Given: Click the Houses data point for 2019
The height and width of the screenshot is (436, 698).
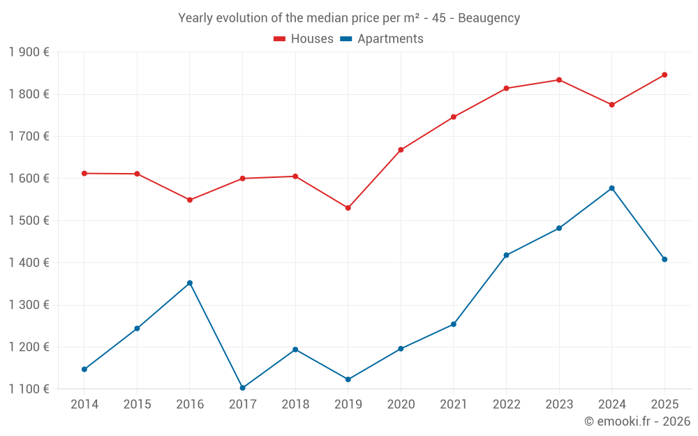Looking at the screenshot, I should point(348,208).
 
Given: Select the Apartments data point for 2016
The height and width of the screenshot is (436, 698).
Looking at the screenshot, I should point(190,283).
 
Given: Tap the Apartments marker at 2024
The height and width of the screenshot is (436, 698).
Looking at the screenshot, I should point(611,188).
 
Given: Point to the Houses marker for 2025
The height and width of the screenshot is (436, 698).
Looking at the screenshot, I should point(664,75).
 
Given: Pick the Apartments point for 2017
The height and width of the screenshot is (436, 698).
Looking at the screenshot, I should point(242,388).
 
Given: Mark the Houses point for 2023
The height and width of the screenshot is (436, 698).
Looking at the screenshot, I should point(559,80).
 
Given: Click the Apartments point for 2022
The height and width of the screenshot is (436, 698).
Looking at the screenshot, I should point(506,255).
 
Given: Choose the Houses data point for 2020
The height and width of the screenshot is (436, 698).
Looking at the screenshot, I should point(401,150).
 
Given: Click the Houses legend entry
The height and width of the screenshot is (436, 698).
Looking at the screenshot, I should point(304,39).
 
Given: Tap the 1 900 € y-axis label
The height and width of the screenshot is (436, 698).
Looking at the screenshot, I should point(29,52).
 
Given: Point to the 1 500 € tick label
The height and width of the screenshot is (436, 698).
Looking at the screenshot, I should point(29,220).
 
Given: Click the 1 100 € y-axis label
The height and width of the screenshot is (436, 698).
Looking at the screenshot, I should point(29,389).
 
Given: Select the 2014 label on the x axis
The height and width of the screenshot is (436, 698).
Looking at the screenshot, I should point(84,405).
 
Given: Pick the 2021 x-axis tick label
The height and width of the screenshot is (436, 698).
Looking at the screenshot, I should point(453,405).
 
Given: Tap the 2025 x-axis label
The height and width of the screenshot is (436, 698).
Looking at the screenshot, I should point(664,405).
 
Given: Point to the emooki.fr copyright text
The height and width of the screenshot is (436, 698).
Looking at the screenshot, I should point(637,421).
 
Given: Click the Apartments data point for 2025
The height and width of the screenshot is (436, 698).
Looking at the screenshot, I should point(664,260).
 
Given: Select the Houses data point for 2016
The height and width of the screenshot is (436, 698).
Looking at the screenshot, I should point(190,200).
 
